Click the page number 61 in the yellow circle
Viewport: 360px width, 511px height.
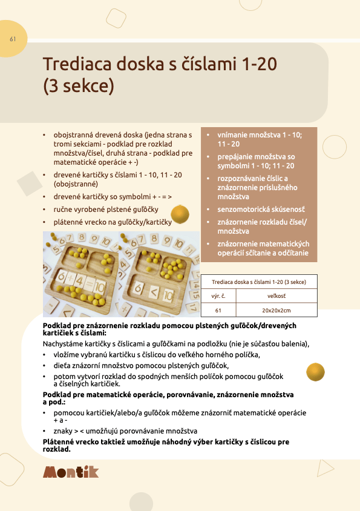(13, 39)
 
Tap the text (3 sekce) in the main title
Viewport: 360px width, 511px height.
(78, 86)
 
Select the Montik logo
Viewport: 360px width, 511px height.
(71, 472)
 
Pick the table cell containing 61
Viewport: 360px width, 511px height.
(218, 310)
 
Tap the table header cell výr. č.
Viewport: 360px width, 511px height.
(218, 297)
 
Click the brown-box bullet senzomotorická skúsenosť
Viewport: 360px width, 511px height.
(256, 208)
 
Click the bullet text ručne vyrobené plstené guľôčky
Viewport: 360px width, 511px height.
(106, 209)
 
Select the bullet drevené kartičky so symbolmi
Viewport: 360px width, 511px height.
(113, 196)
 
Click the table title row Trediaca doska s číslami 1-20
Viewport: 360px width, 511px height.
(258, 282)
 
